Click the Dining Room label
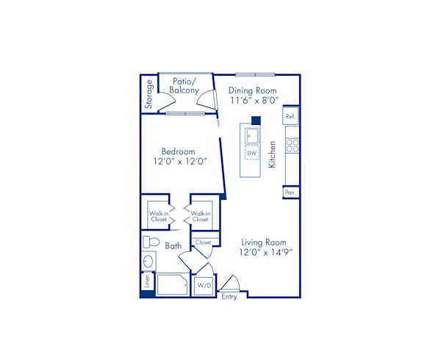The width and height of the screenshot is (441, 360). (252, 90)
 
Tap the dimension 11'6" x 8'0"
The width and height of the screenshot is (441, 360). (252, 102)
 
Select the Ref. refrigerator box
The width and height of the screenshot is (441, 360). (290, 117)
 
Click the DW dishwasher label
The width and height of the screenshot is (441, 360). (251, 152)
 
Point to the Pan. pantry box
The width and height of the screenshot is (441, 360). (290, 192)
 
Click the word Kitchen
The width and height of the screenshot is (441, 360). (272, 155)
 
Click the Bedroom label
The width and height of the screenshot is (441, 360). (178, 151)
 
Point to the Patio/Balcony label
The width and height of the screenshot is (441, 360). (184, 86)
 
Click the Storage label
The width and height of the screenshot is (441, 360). (149, 94)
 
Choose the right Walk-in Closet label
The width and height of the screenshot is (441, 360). (199, 216)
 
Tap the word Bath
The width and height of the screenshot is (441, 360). (173, 246)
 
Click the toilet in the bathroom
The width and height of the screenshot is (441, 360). (151, 242)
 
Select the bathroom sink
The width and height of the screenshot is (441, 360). (148, 262)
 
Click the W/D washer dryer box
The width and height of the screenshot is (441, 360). (203, 285)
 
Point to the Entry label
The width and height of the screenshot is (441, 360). (229, 296)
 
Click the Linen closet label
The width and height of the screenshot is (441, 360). (147, 281)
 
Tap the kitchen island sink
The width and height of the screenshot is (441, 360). (251, 134)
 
